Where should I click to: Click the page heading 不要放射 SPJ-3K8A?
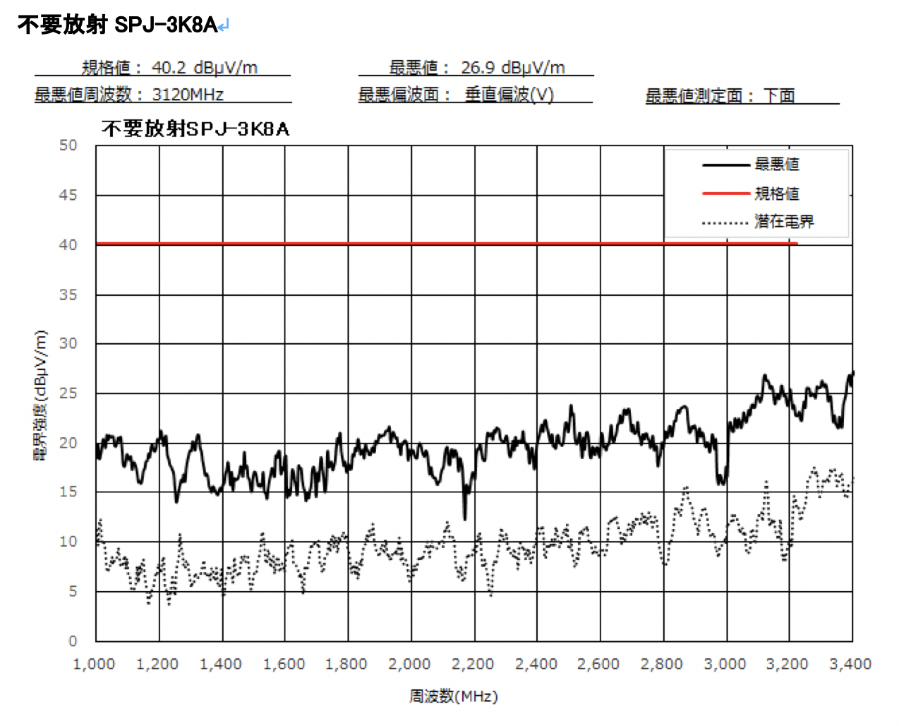click(117, 25)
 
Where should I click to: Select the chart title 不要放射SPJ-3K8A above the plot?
click(195, 129)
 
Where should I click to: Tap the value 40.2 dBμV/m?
click(204, 68)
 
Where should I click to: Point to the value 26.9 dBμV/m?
click(513, 68)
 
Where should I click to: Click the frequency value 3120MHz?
click(188, 95)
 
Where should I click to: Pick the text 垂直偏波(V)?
click(509, 95)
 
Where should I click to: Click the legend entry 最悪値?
click(776, 165)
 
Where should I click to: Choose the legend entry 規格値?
click(776, 194)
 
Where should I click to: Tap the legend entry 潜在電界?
click(783, 222)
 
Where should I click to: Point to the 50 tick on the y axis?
click(68, 145)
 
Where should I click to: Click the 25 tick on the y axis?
click(68, 393)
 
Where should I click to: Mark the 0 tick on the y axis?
click(72, 641)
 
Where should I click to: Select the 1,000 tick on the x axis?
click(94, 665)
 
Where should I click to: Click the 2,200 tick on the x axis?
click(473, 665)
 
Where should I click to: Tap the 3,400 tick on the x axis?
click(850, 665)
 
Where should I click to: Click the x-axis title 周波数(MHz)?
click(454, 697)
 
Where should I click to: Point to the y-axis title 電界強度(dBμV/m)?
click(41, 395)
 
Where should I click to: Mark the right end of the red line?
click(797, 244)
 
